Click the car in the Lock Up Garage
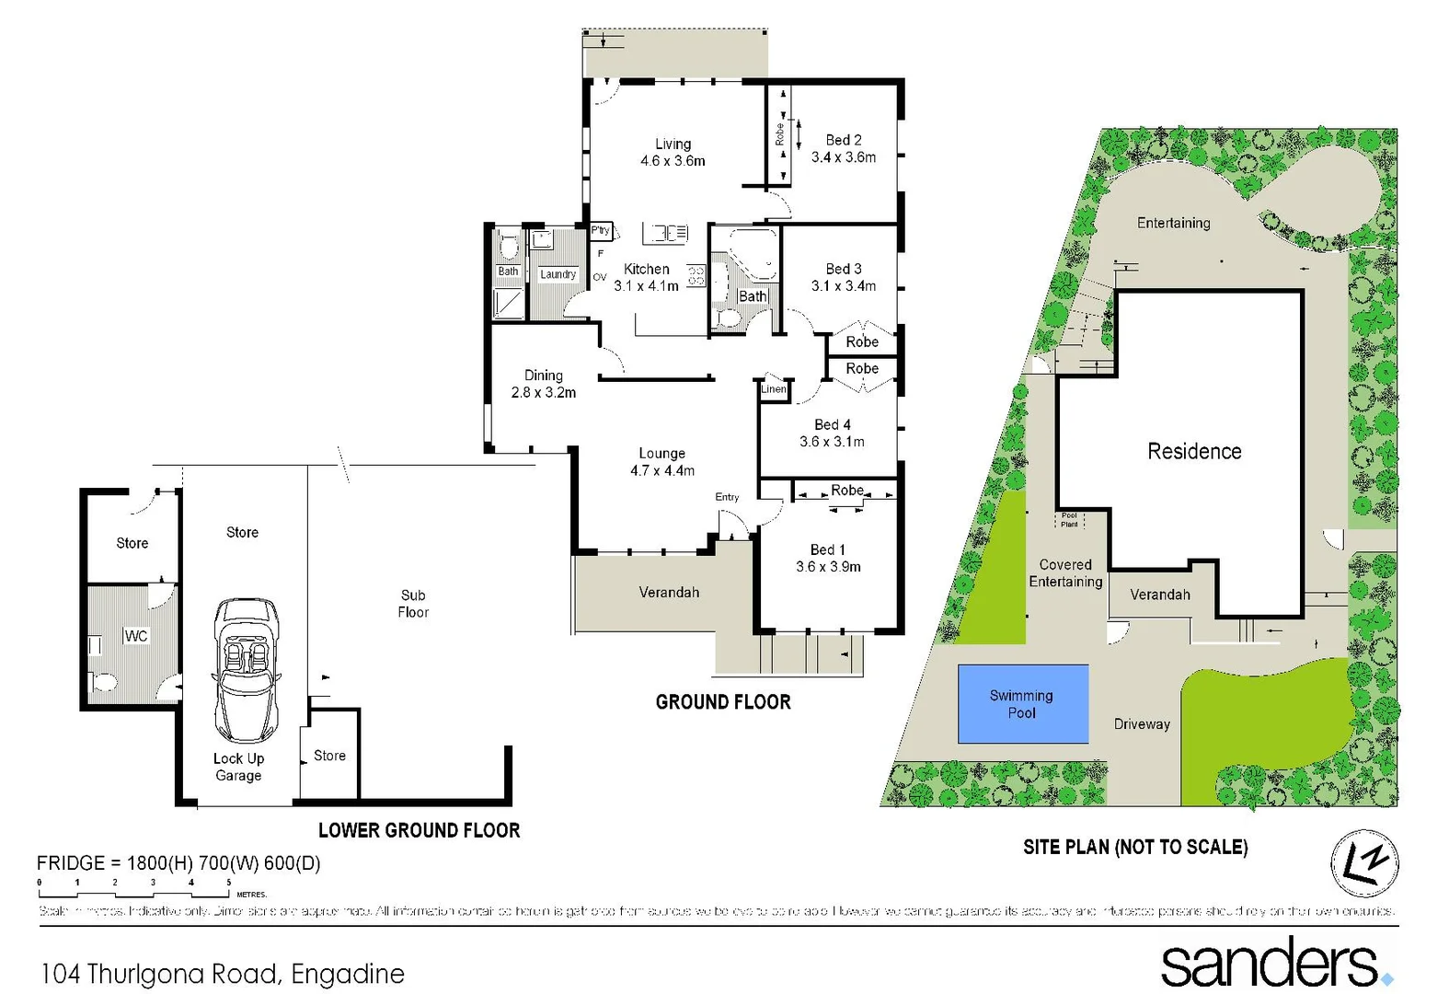246,670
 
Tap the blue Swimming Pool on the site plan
1022,704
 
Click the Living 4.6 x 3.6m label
673,153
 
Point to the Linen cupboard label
773,389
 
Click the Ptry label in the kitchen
600,230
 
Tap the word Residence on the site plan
1194,451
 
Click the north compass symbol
1364,863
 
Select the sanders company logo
1275,963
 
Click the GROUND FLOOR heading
723,702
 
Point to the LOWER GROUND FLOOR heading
419,830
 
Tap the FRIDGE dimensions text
178,863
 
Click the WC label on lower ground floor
136,636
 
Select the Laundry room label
558,274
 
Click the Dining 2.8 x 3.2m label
544,384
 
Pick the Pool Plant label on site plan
1069,520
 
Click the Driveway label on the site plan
1142,724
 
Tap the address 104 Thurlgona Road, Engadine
223,974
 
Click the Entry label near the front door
727,497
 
